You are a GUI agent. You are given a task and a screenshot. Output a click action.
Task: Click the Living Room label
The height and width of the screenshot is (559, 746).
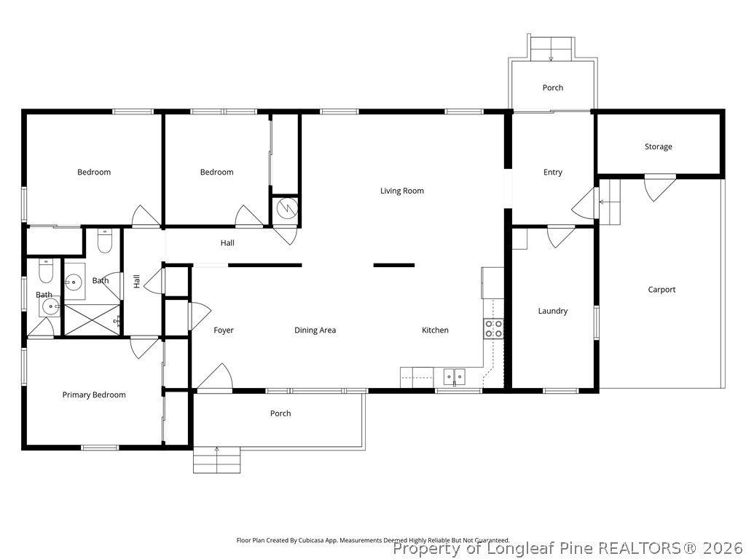(x=401, y=191)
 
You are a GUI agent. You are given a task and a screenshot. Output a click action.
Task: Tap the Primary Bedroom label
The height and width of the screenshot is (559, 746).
(x=94, y=395)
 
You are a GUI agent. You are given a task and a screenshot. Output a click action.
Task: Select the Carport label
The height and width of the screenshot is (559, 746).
(x=661, y=290)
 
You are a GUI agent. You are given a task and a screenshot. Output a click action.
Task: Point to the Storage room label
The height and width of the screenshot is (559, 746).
(x=658, y=147)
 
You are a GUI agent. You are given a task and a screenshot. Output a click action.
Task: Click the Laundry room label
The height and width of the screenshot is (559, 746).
(x=552, y=312)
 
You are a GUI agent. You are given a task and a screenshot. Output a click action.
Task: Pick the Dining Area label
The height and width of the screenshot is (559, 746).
(x=315, y=330)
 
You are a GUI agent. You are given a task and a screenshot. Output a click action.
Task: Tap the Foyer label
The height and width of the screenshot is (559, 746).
(x=224, y=330)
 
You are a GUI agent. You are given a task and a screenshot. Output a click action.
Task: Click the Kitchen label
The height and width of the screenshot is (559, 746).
(x=435, y=330)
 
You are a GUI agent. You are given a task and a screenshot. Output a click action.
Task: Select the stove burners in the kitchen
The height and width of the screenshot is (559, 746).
(x=493, y=328)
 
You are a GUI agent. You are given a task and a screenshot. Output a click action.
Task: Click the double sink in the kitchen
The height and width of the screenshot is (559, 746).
(x=455, y=377)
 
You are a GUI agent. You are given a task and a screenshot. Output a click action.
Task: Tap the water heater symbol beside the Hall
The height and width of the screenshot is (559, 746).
(x=284, y=207)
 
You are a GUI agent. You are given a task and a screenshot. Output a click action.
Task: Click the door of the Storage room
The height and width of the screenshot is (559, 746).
(x=659, y=187)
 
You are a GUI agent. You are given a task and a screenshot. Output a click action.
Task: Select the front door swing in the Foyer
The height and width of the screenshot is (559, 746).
(x=215, y=378)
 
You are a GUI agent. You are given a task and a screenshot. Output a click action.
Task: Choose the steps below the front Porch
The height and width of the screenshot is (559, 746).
(x=216, y=460)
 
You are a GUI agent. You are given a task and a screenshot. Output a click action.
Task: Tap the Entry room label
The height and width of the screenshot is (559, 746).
(x=552, y=173)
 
